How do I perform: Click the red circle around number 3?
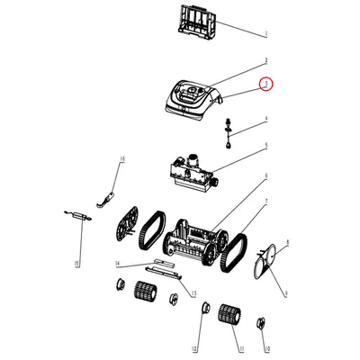[265, 85]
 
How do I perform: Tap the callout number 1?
[265, 34]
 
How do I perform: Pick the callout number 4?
[265, 120]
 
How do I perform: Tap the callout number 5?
[265, 146]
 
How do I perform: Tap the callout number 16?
[122, 158]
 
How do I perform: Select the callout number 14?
[116, 264]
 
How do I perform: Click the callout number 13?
[191, 293]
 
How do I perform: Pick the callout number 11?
[241, 347]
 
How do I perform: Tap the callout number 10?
[266, 347]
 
